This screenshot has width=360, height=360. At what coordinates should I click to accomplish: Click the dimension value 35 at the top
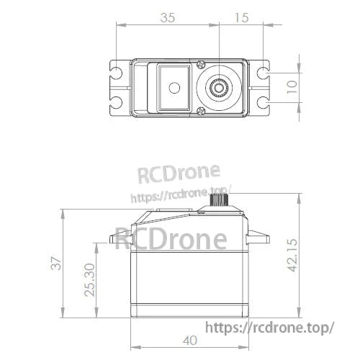(168, 18)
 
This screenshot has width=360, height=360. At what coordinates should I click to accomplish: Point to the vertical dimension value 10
(289, 87)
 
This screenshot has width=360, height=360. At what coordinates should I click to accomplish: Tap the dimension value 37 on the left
(57, 264)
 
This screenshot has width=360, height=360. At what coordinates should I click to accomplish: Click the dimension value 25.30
(89, 280)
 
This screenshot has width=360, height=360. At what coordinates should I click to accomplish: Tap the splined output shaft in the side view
(218, 199)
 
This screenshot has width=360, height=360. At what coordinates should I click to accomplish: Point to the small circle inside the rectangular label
(173, 88)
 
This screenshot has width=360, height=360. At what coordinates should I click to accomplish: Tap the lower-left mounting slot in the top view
(116, 102)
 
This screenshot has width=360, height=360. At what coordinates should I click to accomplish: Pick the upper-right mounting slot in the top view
(264, 73)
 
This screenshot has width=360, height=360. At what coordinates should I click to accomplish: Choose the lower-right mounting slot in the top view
(264, 102)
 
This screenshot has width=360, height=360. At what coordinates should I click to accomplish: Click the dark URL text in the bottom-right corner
(270, 327)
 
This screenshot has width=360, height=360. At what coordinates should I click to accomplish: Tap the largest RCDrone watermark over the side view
(171, 238)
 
